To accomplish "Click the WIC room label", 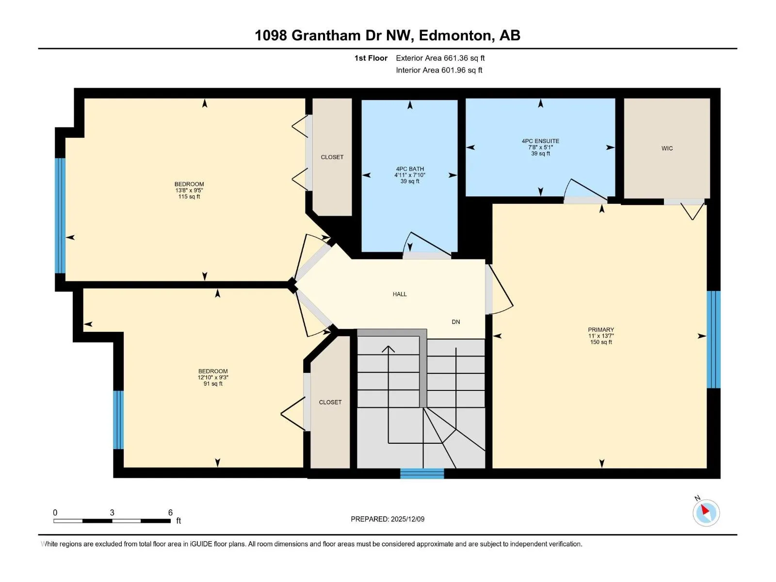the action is click(x=667, y=148).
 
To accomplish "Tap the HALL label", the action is click(x=400, y=294).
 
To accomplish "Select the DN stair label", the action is click(x=456, y=322).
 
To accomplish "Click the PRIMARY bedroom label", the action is click(x=600, y=330).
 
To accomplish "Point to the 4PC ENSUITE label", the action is click(x=540, y=141).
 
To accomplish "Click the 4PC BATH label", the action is click(x=410, y=169).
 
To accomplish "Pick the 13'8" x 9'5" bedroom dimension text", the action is click(x=189, y=190).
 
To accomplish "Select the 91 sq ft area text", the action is click(x=213, y=384).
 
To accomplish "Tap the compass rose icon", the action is click(x=706, y=513).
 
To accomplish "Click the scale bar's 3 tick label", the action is click(x=112, y=512).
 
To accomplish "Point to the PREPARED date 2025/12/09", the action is click(x=407, y=519).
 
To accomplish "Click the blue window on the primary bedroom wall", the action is click(x=713, y=339).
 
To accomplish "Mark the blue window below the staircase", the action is click(x=422, y=473).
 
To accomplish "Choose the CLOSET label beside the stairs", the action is click(x=330, y=402).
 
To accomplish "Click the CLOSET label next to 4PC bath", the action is click(x=332, y=157).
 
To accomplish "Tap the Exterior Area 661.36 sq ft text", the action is click(x=440, y=58).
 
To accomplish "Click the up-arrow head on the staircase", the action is click(x=388, y=349).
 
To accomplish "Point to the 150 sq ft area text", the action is click(x=600, y=342).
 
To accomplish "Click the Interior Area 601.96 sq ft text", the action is click(x=439, y=70).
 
